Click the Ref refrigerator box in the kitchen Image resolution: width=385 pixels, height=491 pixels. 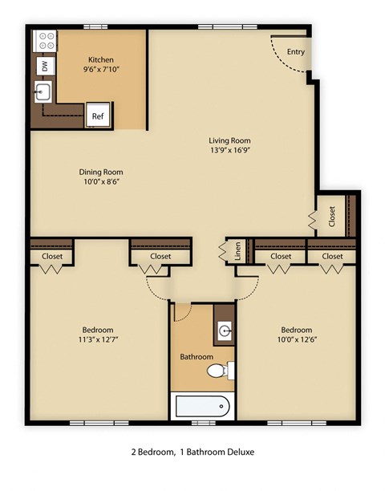pyautogui.click(x=98, y=116)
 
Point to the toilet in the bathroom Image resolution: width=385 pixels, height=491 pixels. pyautogui.click(x=217, y=371)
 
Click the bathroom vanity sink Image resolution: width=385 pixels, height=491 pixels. pyautogui.click(x=225, y=330)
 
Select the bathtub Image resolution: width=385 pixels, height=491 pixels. pyautogui.click(x=201, y=405)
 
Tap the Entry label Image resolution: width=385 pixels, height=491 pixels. pyautogui.click(x=296, y=53)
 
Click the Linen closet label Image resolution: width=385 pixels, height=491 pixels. pyautogui.click(x=237, y=251)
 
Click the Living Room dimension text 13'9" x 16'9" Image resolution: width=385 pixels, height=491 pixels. pyautogui.click(x=229, y=150)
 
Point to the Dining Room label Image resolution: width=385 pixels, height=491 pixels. pyautogui.click(x=101, y=171)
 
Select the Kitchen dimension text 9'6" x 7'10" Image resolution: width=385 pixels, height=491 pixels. pyautogui.click(x=101, y=70)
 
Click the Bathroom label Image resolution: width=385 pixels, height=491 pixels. pyautogui.click(x=196, y=356)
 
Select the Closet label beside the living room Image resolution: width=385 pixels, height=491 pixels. pyautogui.click(x=331, y=216)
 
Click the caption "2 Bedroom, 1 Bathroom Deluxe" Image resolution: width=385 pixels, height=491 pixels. pyautogui.click(x=192, y=452)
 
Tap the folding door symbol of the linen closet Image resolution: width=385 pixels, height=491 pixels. pyautogui.click(x=222, y=251)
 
